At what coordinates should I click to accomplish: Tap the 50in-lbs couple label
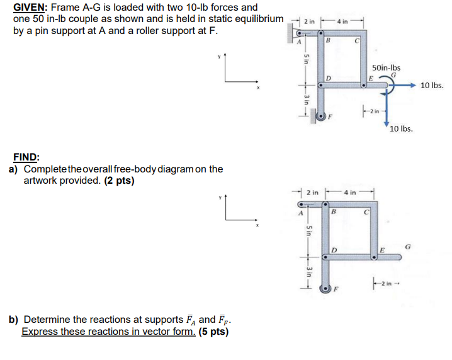[387, 68]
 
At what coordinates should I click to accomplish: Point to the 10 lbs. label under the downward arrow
[401, 128]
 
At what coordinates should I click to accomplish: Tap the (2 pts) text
[119, 181]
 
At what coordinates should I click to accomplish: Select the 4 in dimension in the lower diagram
[349, 191]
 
